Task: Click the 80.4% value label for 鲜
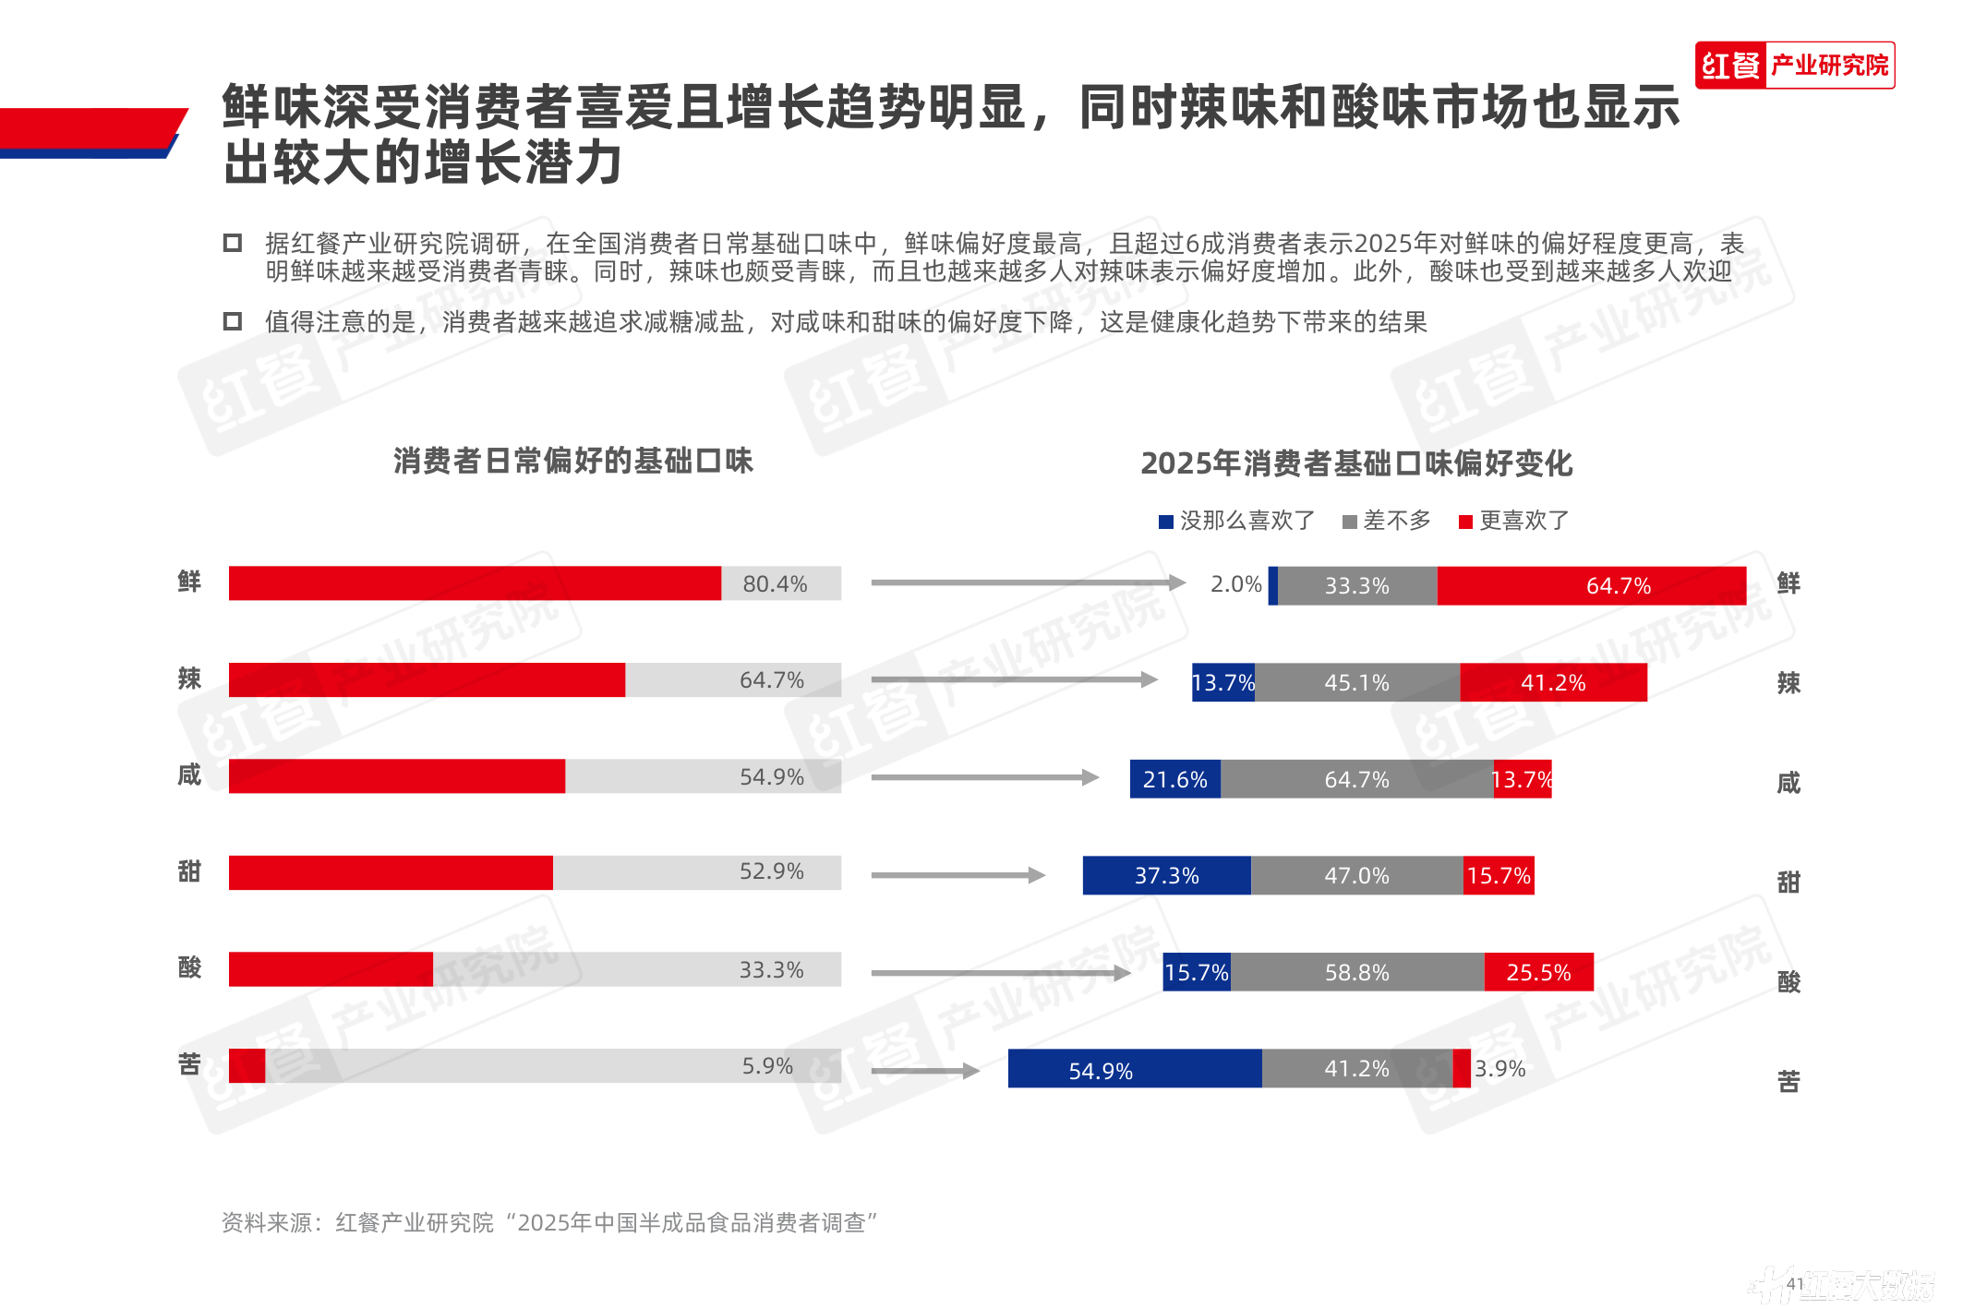coord(775,584)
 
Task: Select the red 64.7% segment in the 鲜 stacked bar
coord(1591,586)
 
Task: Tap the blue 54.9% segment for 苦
coord(1134,1069)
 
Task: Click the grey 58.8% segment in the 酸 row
coord(1356,973)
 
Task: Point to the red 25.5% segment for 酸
coord(1538,973)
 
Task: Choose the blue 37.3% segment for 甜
coord(1166,876)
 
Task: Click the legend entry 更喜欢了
coord(1514,522)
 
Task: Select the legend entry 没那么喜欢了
coord(1236,522)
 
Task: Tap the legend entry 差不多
coord(1387,522)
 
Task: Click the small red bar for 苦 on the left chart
coord(247,1066)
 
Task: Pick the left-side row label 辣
coord(189,679)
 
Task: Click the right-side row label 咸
coord(1788,784)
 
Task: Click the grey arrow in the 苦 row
coord(924,1071)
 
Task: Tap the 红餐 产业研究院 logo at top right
coord(1794,66)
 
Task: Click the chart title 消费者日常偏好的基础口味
coord(572,462)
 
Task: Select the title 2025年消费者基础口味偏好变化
coord(1356,463)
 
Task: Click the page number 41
coord(1795,1284)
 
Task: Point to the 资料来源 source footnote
coord(549,1223)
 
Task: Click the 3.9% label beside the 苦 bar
coord(1499,1069)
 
